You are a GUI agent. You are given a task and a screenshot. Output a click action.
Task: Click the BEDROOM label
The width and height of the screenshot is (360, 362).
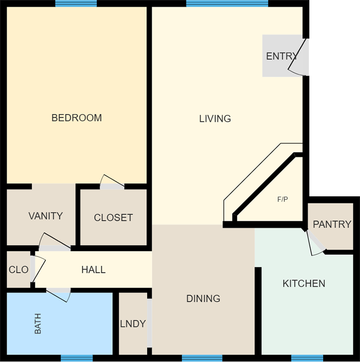tap(76, 118)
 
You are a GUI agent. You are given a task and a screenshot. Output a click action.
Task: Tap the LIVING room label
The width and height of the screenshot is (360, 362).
tap(215, 119)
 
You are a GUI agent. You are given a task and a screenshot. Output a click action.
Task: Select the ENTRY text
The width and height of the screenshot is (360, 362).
tap(282, 56)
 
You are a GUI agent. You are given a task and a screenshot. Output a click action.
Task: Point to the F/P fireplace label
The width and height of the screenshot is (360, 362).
tap(283, 199)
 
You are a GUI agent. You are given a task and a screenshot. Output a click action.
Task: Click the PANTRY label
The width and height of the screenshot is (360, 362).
tap(332, 224)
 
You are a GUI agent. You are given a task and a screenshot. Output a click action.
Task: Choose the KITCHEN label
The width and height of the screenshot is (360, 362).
tap(304, 284)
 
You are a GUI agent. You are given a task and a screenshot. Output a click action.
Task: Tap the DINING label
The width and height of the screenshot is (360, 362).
tap(204, 299)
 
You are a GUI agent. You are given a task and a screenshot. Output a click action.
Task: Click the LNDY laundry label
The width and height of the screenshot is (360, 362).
tap(133, 324)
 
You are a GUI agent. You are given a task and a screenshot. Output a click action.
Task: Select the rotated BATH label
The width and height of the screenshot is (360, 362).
tap(38, 324)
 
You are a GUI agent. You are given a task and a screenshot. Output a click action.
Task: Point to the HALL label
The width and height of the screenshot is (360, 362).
tap(94, 270)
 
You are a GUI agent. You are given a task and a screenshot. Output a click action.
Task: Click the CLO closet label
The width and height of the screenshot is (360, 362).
tap(19, 270)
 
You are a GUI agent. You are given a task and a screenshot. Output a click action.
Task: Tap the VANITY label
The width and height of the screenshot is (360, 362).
tap(46, 216)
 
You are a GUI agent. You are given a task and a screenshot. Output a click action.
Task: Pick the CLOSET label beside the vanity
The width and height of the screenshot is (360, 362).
tap(114, 218)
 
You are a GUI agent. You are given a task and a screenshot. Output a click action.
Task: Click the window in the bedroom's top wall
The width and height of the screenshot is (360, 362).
tap(76, 4)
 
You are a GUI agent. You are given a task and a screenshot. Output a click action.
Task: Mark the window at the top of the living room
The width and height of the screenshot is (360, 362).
tap(227, 4)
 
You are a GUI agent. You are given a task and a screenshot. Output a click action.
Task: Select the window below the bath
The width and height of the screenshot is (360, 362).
tap(76, 358)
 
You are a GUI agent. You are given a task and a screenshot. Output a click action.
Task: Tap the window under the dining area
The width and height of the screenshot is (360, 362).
tap(202, 358)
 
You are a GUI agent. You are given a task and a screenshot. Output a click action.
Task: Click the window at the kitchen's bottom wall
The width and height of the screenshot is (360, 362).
tap(307, 358)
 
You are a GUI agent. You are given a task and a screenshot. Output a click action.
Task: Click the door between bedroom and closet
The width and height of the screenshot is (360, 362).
tap(112, 182)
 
